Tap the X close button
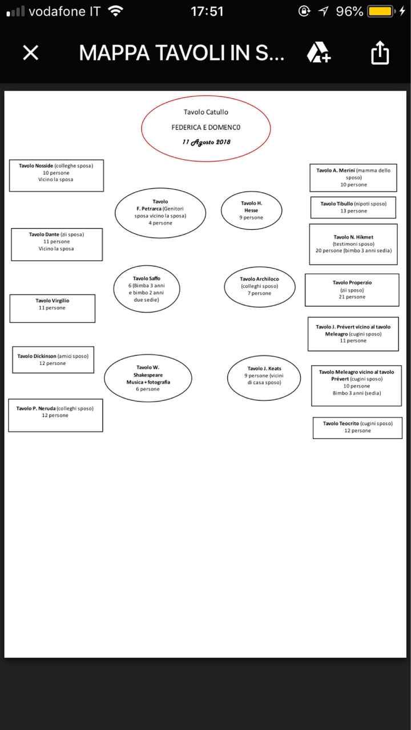point(30,53)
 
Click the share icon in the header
point(380,53)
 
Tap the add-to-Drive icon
point(318,53)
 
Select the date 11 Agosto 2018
point(206,142)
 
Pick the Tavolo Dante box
point(57,244)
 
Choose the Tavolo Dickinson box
point(53,359)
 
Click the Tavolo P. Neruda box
point(55,415)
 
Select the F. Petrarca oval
point(160,212)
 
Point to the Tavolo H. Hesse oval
point(251,210)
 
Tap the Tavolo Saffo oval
point(147,289)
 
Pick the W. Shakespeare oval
point(148,378)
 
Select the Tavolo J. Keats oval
point(264,379)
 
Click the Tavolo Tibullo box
point(353,207)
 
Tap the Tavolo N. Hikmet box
point(353,244)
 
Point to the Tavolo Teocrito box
point(357,427)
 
